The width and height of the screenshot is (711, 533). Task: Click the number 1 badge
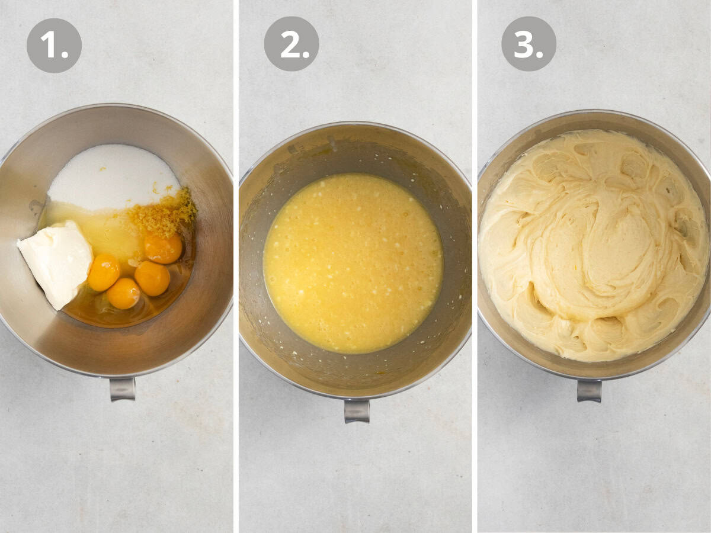coord(54,46)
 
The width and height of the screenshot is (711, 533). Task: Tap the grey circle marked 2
coord(292,44)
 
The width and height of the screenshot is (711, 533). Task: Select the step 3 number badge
coord(529,44)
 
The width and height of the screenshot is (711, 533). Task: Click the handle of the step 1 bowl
coord(122,388)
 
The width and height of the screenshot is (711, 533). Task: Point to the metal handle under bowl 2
coord(357,410)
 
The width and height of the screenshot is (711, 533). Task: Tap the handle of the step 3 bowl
coord(589,390)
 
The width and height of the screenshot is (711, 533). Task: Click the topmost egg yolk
coord(163,248)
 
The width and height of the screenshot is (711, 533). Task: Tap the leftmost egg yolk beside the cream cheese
coord(104,272)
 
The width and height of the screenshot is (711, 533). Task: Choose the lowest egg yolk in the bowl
coord(124,293)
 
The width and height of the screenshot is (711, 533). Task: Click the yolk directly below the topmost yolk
coord(152,278)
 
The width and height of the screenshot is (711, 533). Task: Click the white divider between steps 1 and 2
coord(236,266)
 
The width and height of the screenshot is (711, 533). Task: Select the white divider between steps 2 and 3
coord(475,266)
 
